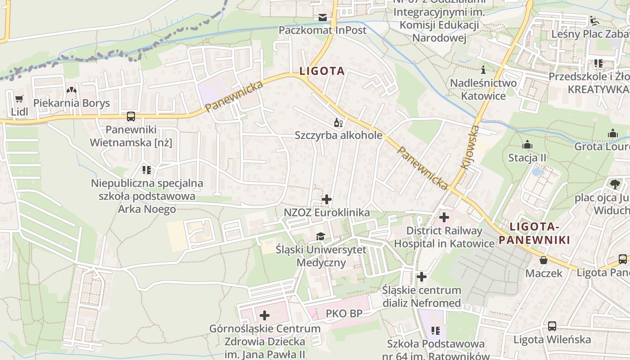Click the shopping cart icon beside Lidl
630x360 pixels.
19,99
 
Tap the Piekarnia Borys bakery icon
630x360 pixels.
71,90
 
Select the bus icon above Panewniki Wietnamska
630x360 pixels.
131,117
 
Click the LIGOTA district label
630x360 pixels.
322,71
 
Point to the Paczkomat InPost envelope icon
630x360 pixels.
323,18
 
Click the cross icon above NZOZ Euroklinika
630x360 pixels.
327,199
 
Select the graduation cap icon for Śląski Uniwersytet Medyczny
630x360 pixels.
320,236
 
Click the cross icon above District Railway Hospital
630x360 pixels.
444,217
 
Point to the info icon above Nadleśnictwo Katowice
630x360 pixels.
484,70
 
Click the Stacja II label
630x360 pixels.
527,158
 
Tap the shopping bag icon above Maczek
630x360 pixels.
544,260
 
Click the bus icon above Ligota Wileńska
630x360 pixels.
552,326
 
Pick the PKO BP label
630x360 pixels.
344,314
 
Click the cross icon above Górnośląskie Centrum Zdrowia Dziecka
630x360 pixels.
265,315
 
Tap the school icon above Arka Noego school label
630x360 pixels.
147,170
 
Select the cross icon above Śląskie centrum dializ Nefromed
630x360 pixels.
422,277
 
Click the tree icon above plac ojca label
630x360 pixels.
615,184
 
